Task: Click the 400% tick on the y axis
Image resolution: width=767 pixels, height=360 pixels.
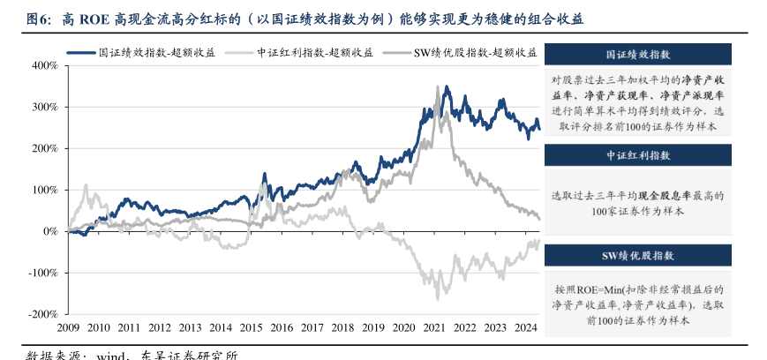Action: pyautogui.click(x=44, y=65)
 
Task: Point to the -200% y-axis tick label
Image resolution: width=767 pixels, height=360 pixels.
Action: pyautogui.click(x=42, y=314)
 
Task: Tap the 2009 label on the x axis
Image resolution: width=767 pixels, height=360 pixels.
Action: pyautogui.click(x=68, y=328)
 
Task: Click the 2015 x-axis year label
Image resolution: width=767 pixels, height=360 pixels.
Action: pyautogui.click(x=251, y=328)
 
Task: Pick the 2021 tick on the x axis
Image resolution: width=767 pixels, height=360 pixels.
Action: pyautogui.click(x=433, y=328)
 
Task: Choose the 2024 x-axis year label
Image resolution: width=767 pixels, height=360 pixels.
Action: pyautogui.click(x=525, y=328)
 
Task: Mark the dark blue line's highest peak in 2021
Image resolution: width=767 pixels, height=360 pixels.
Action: pyautogui.click(x=447, y=86)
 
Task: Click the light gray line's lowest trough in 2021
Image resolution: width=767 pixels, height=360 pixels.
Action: pyautogui.click(x=438, y=300)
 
